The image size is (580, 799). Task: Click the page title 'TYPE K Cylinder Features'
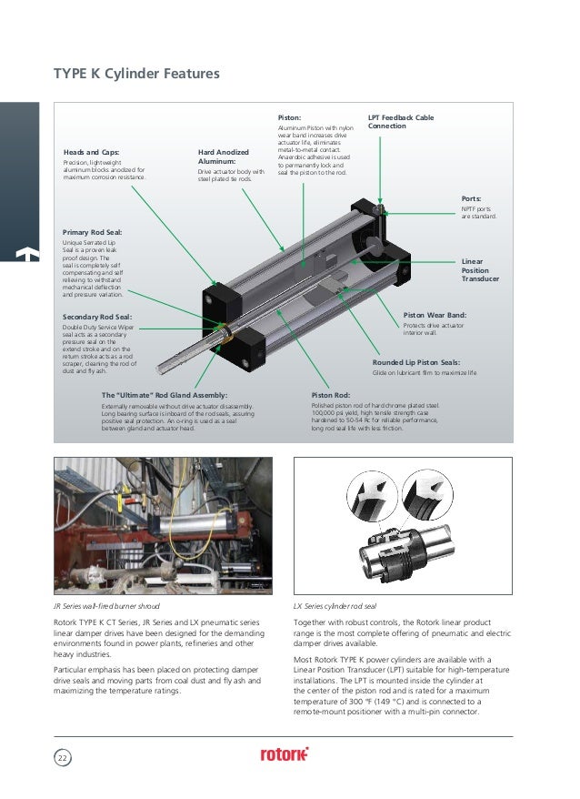(136, 73)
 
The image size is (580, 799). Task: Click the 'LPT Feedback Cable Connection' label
(400, 122)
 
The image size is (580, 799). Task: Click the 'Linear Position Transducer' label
(480, 269)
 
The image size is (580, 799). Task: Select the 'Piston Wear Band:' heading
(435, 314)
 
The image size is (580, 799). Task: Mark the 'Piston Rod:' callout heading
(330, 395)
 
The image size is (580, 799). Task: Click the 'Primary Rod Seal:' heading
(92, 233)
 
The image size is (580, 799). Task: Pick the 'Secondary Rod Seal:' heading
(96, 316)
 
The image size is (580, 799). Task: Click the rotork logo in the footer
(285, 753)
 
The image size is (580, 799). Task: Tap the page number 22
(63, 757)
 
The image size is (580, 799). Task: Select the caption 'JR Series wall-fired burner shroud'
(106, 604)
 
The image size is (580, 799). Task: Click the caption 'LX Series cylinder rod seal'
(335, 604)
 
